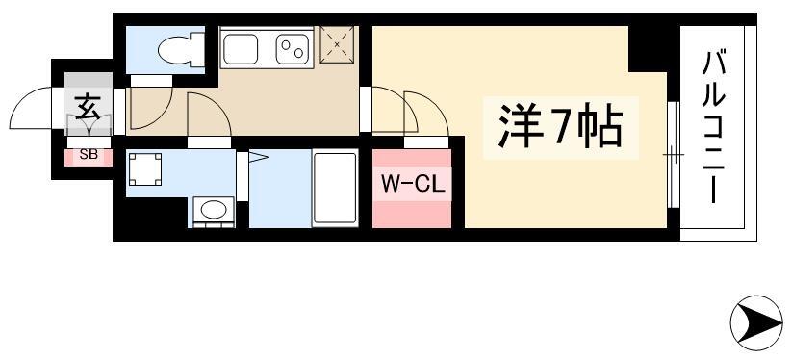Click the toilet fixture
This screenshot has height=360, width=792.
pyautogui.click(x=181, y=49)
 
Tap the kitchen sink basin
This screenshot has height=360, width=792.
pyautogui.click(x=241, y=49)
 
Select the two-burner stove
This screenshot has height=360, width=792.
pyautogui.click(x=293, y=49)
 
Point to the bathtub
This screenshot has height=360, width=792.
pyautogui.click(x=335, y=189)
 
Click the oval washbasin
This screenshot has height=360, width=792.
pyautogui.click(x=214, y=210)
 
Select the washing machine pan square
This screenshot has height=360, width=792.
pyautogui.click(x=145, y=169)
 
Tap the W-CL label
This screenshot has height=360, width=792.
pyautogui.click(x=413, y=185)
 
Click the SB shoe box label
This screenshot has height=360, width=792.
pyautogui.click(x=89, y=155)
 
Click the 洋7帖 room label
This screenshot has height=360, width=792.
pyautogui.click(x=560, y=128)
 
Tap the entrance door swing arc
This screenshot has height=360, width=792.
pyautogui.click(x=25, y=99)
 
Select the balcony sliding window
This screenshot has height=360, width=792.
pyautogui.click(x=673, y=155)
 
